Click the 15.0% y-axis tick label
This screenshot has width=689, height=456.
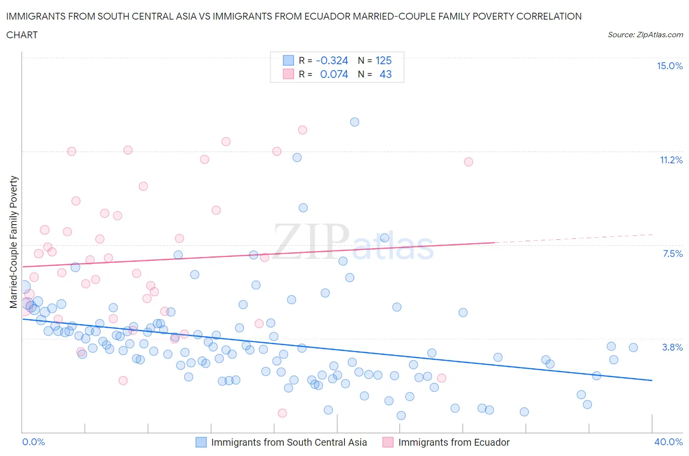click(x=669, y=66)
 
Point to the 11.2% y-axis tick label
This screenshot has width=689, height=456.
click(x=671, y=160)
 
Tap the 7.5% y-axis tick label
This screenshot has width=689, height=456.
click(x=672, y=254)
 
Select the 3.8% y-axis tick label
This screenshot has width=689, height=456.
click(x=672, y=348)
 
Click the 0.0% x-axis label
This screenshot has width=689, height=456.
click(x=33, y=442)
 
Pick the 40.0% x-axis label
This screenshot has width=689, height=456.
click(x=668, y=442)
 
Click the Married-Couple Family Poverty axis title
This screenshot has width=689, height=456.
click(x=14, y=242)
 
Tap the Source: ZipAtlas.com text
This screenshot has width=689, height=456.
click(x=645, y=35)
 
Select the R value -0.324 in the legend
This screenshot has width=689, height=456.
click(x=332, y=60)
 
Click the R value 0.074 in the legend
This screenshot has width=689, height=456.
click(x=334, y=74)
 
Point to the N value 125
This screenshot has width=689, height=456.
click(x=383, y=60)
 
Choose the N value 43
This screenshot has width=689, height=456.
click(x=385, y=74)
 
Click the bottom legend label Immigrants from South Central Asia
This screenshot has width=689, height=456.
click(x=289, y=442)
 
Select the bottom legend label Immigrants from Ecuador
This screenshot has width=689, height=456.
click(x=454, y=442)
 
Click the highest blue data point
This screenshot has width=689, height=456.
click(x=354, y=122)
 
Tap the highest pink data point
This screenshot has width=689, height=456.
click(x=302, y=130)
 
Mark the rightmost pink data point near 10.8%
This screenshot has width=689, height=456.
click(x=468, y=162)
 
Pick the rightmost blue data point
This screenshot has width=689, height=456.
click(x=633, y=348)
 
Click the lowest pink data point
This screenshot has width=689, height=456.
click(x=282, y=413)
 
